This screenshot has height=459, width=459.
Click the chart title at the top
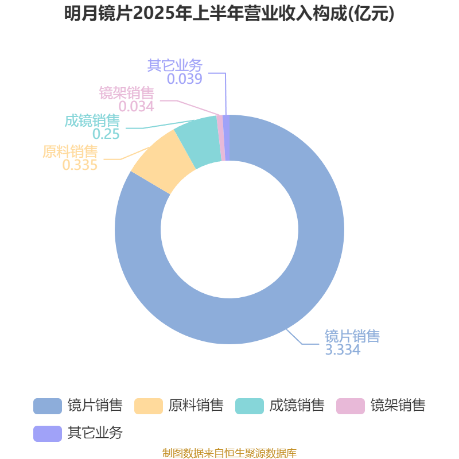[x=229, y=14]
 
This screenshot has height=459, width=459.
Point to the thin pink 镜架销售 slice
[x=221, y=138]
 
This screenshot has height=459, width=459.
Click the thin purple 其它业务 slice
[x=226, y=138]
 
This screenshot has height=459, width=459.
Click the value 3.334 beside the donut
[x=343, y=349]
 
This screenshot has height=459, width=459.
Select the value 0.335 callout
[x=80, y=165]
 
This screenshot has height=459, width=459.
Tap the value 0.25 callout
[x=106, y=134]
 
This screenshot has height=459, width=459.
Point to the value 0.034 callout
[x=136, y=106]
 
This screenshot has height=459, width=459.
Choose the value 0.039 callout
[x=184, y=79]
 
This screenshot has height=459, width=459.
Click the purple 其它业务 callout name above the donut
[x=175, y=65]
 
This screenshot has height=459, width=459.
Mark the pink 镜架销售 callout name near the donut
[x=126, y=93]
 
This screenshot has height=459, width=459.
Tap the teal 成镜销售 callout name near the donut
[x=92, y=120]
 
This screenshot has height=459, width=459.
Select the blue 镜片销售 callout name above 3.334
[x=352, y=336]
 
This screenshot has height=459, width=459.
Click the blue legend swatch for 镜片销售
[x=48, y=406]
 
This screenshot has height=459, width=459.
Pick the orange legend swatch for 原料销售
[x=149, y=406]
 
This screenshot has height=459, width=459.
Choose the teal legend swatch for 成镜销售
[x=250, y=406]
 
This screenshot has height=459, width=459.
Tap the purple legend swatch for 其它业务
[x=48, y=434]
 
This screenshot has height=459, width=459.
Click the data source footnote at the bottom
[x=229, y=453]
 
